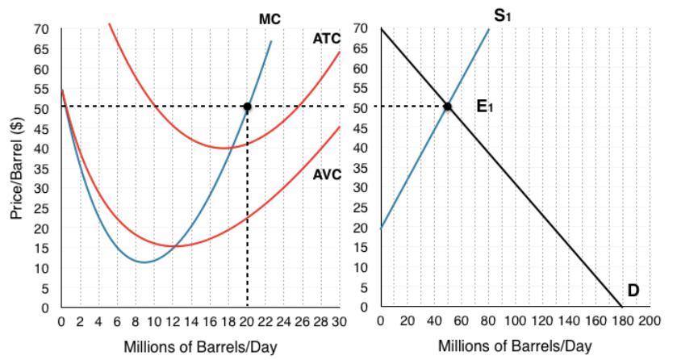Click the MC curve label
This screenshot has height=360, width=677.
pyautogui.click(x=270, y=17)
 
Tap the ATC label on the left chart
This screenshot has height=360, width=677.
pyautogui.click(x=327, y=39)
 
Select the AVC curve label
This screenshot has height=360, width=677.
pyautogui.click(x=327, y=152)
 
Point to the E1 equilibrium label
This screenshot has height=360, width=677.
pyautogui.click(x=485, y=106)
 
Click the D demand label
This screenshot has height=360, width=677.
pyautogui.click(x=633, y=291)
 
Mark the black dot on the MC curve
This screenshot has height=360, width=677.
pyautogui.click(x=247, y=107)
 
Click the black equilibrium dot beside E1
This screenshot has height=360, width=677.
pyautogui.click(x=448, y=107)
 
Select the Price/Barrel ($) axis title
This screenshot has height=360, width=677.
pyautogui.click(x=15, y=167)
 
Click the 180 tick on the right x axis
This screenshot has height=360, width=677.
pyautogui.click(x=621, y=320)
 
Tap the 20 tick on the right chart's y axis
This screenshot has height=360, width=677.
pyautogui.click(x=365, y=228)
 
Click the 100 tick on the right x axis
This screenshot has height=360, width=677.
pyautogui.click(x=514, y=320)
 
